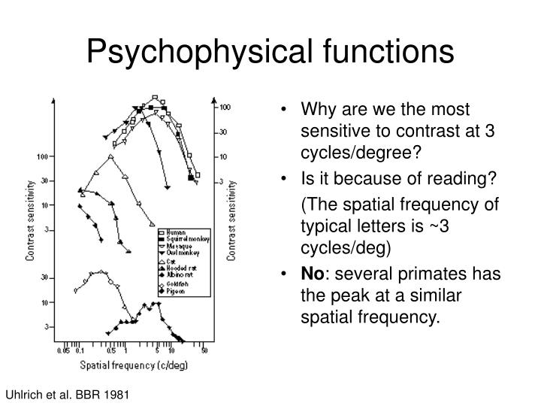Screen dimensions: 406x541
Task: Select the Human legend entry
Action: (x=177, y=232)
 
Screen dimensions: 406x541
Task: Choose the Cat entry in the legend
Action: (x=173, y=260)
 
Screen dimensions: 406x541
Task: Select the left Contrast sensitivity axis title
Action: (x=30, y=219)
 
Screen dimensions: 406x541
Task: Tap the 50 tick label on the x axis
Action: (x=203, y=351)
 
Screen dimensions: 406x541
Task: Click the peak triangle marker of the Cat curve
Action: (x=110, y=157)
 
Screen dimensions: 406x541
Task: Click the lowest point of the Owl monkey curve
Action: (x=168, y=187)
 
